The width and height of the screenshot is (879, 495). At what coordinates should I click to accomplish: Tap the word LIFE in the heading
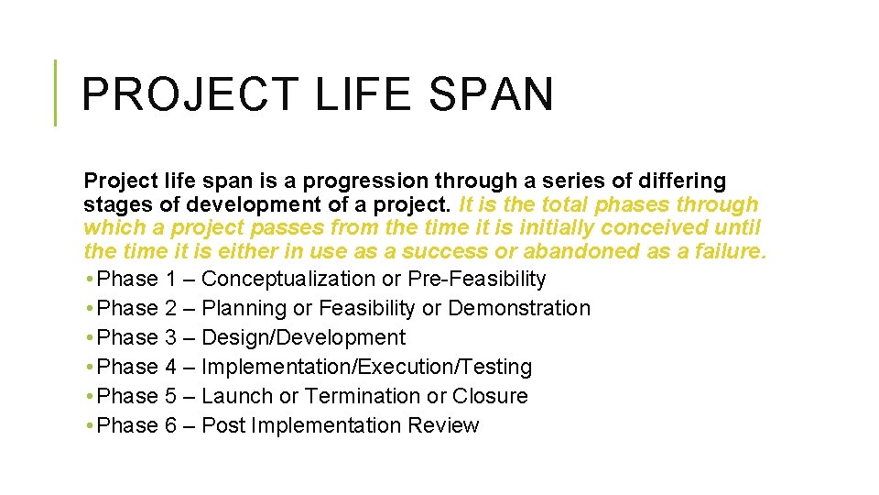click(352, 94)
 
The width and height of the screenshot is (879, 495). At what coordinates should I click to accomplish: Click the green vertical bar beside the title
click(55, 93)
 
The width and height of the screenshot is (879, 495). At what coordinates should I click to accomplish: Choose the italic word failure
click(727, 250)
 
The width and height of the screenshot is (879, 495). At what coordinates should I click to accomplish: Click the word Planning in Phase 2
click(242, 308)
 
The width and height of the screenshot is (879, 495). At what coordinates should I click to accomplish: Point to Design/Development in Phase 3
click(303, 337)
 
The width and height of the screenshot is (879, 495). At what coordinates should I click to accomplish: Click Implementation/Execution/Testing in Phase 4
click(366, 367)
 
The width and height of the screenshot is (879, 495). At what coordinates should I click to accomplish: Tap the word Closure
click(491, 396)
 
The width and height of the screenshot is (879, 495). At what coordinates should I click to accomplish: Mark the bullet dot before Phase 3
click(87, 337)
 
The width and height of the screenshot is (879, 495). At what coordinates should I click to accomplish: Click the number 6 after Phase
click(171, 425)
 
